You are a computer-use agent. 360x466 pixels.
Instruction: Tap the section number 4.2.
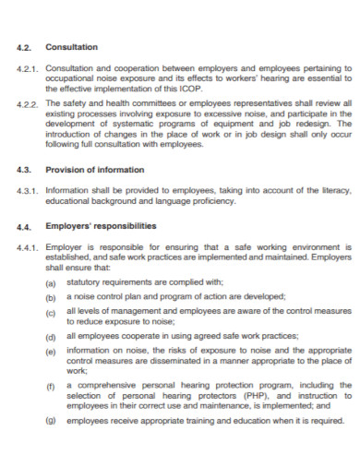26,46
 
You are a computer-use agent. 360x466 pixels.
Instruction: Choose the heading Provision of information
95,169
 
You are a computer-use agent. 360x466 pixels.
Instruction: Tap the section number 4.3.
26,169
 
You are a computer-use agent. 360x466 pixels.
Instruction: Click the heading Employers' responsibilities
102,225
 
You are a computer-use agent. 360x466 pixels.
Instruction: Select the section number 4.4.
26,225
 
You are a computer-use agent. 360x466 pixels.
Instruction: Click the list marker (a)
51,281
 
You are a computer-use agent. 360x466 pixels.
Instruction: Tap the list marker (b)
51,297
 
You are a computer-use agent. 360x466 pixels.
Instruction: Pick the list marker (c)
51,314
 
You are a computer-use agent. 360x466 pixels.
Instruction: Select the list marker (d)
51,339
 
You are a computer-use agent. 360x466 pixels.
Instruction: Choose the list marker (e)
51,354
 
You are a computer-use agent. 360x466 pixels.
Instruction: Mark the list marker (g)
51,420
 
